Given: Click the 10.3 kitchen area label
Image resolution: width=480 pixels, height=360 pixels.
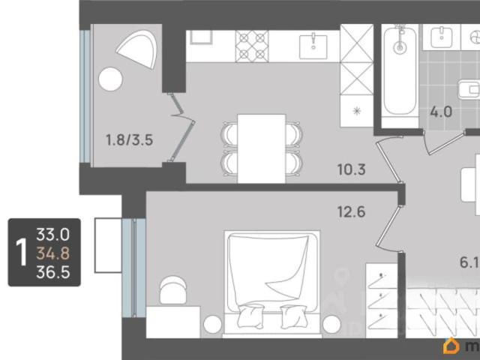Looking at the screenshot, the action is [352, 169].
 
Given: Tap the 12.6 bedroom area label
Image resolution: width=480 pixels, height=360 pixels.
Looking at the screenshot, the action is [352, 211].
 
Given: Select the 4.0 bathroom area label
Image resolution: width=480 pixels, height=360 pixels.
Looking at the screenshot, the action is [441, 112].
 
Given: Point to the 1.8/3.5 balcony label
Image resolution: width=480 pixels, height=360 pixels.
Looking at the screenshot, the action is [129, 140].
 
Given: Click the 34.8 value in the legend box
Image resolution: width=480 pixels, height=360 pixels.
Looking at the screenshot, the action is [53, 253].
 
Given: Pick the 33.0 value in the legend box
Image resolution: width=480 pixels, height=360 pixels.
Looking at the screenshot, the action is [53, 235].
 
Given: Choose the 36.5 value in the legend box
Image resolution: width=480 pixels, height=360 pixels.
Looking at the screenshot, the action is [53, 271].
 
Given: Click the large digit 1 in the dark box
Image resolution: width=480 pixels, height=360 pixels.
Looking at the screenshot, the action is [22, 253].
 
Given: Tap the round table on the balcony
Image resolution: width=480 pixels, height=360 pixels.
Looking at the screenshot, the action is [110, 79].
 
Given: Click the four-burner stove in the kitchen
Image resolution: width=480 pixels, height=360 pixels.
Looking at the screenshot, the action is [252, 46].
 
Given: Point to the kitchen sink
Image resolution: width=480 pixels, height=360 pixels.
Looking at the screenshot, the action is [313, 46].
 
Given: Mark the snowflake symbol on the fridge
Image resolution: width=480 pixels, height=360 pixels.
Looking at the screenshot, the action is [357, 110].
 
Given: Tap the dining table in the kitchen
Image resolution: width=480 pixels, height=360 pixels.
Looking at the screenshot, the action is [262, 148].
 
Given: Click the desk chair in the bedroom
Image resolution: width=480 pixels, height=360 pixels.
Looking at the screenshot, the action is [173, 290].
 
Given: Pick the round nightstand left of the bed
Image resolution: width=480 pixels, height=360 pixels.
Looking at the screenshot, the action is [212, 324].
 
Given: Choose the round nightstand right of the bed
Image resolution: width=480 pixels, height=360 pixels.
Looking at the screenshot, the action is [331, 324].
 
